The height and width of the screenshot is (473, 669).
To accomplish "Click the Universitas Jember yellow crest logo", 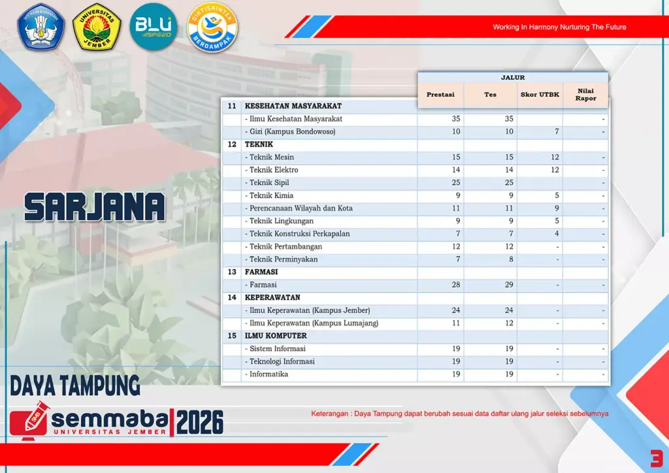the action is click(97, 27).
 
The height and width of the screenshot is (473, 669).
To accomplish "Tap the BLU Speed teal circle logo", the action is click(153, 27).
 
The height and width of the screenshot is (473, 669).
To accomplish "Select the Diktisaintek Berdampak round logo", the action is click(212, 27).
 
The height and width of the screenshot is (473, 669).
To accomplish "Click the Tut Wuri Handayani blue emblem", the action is click(41, 27).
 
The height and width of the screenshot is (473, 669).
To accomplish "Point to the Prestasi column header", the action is click(440, 94).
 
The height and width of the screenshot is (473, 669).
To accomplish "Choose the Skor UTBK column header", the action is click(540, 94).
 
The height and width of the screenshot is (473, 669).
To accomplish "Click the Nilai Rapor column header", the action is click(585, 94).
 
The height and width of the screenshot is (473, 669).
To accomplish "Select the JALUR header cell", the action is click(513, 77).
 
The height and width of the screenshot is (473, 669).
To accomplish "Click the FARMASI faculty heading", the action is click(261, 272).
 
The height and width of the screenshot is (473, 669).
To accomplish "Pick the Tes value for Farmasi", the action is click(508, 284).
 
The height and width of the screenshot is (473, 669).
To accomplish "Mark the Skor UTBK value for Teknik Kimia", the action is click(557, 195).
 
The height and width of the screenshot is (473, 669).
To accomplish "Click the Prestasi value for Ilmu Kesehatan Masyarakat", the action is click(455, 118).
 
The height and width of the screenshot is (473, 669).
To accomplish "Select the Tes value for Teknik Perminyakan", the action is click(511, 259).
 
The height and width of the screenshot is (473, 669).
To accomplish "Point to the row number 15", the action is click(232, 336).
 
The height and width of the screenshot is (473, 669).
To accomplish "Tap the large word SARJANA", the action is click(94, 207).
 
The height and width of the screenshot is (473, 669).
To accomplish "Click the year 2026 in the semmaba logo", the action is click(200, 422).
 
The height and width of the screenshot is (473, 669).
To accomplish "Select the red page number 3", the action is click(657, 459).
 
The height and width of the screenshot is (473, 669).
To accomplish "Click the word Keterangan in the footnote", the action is click(329, 414).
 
